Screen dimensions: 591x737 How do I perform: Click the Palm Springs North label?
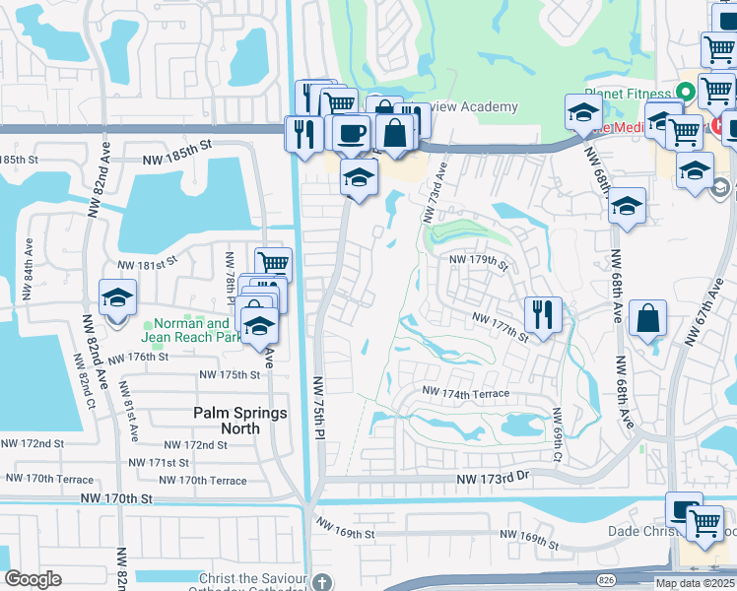point(240,421)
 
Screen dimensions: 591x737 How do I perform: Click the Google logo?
point(33,579)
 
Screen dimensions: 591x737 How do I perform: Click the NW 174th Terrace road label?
point(466,393)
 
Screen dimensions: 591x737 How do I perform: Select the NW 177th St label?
point(501,325)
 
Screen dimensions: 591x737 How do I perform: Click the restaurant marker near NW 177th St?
point(543,314)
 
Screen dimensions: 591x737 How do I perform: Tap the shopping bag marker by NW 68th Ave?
point(648,319)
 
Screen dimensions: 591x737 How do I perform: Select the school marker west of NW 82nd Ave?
point(117,297)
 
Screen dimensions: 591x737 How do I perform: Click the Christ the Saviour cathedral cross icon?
point(319,583)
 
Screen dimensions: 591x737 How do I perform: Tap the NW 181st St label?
point(147,264)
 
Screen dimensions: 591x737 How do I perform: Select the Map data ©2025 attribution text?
point(694,583)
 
